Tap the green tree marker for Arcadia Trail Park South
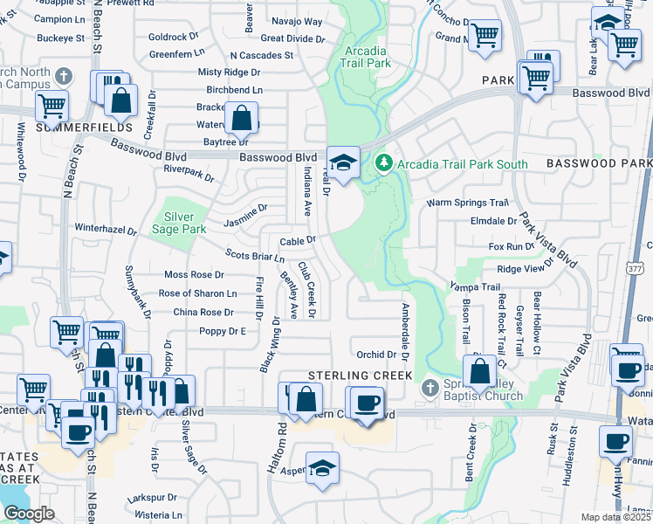pos(383,163)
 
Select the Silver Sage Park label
pos(184,222)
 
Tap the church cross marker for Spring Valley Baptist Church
pos(429,387)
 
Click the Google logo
pos(29,514)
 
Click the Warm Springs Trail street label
pos(466,203)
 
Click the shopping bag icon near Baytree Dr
pos(241,118)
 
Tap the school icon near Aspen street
pos(322,466)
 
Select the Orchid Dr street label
pos(376,355)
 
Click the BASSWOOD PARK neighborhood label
pos(599,163)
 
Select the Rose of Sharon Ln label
pos(197,293)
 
